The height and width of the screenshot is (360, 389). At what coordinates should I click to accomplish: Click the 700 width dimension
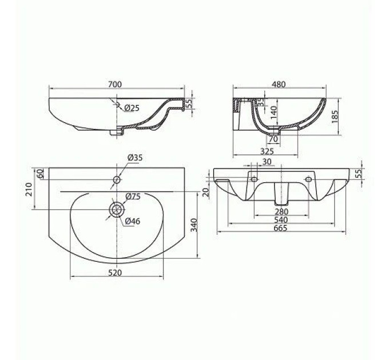click(x=115, y=84)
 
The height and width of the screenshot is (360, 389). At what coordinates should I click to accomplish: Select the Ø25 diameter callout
click(x=132, y=108)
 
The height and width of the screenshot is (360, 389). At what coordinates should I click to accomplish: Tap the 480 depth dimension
click(x=279, y=84)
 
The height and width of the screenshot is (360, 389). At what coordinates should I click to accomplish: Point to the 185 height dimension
click(x=335, y=117)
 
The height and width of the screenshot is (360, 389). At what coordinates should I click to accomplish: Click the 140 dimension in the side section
click(x=273, y=113)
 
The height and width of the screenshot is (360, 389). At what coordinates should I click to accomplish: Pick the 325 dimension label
click(x=267, y=151)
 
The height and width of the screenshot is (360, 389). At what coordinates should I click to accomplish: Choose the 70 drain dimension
click(x=273, y=139)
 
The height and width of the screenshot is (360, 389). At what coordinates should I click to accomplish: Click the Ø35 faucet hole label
click(x=135, y=158)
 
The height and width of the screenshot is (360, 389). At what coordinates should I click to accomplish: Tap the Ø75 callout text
click(x=133, y=197)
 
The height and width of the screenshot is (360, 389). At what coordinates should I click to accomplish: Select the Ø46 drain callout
click(x=133, y=221)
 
